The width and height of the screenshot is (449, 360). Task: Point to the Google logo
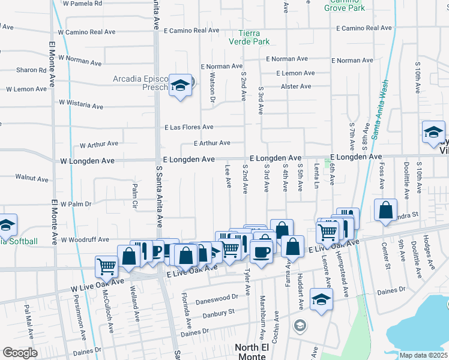[20, 353]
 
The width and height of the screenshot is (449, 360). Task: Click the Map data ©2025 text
[424, 355]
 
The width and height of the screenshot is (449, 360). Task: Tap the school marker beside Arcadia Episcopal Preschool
[179, 86]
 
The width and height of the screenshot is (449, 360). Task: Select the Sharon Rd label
[31, 70]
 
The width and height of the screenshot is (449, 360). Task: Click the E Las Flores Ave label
[190, 127]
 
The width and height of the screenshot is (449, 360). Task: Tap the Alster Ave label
[296, 86]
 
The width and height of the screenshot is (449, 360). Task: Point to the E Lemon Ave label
[295, 73]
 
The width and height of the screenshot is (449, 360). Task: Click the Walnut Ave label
[32, 178]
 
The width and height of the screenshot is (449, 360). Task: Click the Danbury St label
[214, 313]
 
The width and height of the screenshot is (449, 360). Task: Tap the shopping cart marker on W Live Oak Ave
[106, 266]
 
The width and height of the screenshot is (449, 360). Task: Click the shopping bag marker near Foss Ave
[385, 210]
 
